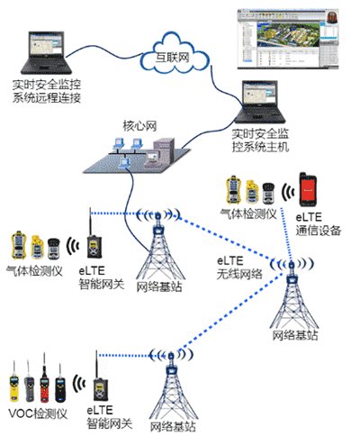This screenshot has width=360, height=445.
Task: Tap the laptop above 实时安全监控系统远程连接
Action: [x=46, y=52]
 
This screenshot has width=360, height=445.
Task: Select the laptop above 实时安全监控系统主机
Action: [x=260, y=102]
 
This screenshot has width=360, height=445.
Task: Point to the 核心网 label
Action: [x=139, y=126]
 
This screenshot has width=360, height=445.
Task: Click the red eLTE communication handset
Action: [x=308, y=189]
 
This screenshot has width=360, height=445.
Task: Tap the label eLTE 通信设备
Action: [x=319, y=223]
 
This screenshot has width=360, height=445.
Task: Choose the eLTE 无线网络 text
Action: [x=239, y=268]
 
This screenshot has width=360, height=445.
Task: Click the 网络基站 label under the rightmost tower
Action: [x=295, y=335]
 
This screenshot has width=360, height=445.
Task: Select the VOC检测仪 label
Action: [x=38, y=413]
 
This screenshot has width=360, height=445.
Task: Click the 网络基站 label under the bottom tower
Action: [x=173, y=427]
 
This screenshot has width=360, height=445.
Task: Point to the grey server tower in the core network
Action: [x=164, y=150]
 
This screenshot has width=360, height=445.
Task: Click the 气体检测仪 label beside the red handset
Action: [x=248, y=214]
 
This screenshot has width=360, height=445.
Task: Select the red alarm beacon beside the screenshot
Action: [x=332, y=16]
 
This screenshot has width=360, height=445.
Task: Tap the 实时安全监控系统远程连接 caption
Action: [x=47, y=91]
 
